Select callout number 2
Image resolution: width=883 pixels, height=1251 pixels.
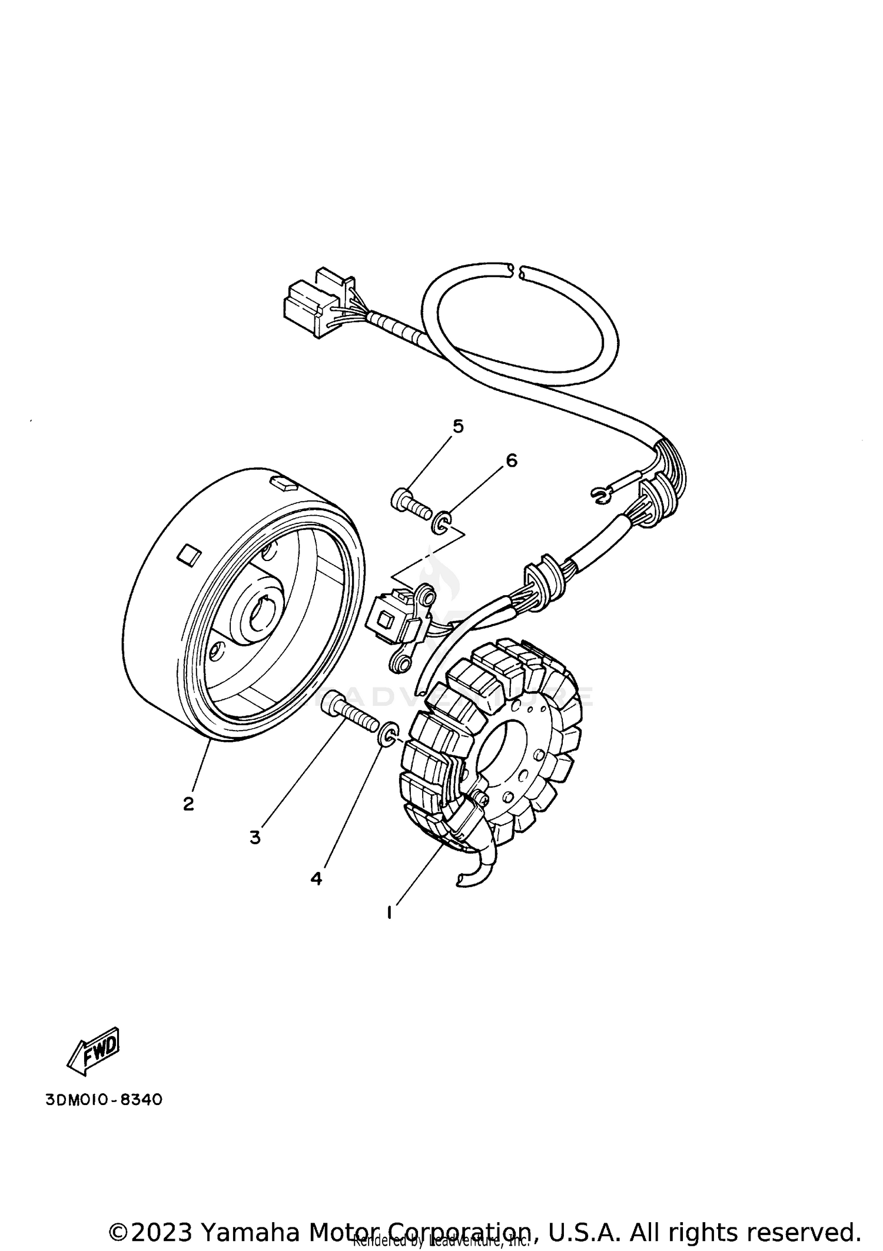coord(188,803)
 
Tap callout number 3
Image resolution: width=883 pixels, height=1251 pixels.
coord(254,837)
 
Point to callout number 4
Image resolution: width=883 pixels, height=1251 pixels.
coord(316,879)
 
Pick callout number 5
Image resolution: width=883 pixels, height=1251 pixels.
coord(458,426)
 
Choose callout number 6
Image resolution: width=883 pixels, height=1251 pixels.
coord(511,460)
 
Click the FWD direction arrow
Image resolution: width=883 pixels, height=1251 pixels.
coord(94,1050)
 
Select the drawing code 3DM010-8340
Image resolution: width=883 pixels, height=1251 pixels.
coord(104,1100)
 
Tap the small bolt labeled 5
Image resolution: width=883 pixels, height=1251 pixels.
coord(410,503)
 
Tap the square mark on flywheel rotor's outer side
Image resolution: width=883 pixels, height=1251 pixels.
coord(190,555)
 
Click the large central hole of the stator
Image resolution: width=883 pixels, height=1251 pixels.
coord(499,745)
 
